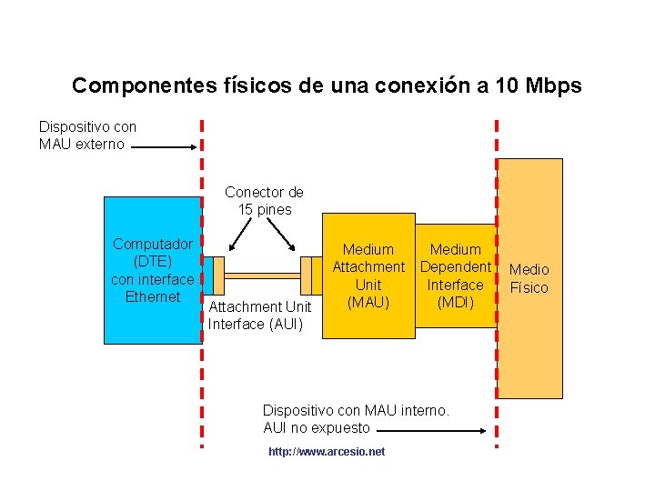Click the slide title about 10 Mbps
pyautogui.click(x=327, y=86)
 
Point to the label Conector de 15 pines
pyautogui.click(x=264, y=201)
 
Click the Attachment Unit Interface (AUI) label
pyautogui.click(x=259, y=316)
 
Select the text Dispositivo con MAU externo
pyautogui.click(x=87, y=135)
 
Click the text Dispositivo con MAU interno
pyautogui.click(x=356, y=411)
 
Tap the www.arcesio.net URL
pyautogui.click(x=327, y=452)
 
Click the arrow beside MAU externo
pyautogui.click(x=164, y=145)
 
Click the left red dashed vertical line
pyautogui.click(x=202, y=364)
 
